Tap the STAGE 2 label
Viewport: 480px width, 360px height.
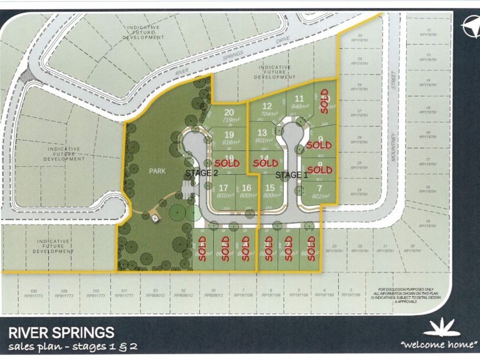[202, 173]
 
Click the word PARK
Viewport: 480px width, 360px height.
[157, 171]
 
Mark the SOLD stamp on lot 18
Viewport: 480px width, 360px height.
[227, 163]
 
